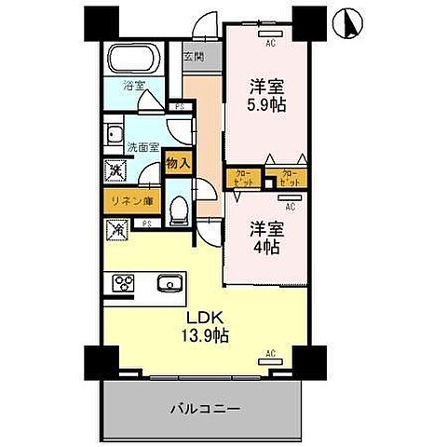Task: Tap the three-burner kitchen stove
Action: [x=125, y=284]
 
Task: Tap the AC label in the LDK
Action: [x=270, y=354]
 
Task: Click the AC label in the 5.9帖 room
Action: [x=271, y=43]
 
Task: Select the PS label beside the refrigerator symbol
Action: [x=147, y=223]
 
